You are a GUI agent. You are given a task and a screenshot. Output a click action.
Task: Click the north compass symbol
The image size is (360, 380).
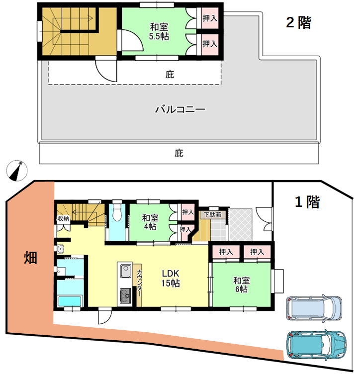tap(17, 171)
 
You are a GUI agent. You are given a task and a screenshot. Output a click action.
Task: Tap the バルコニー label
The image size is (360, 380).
tap(180, 109)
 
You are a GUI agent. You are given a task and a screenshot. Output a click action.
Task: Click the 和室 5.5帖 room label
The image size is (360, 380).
tap(159, 31)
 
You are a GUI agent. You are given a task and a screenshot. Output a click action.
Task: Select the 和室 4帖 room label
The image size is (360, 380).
tap(150, 222)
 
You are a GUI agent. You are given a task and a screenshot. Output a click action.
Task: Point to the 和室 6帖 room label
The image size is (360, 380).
tap(241, 285)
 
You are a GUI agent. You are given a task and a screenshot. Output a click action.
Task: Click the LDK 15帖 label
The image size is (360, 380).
tap(171, 278)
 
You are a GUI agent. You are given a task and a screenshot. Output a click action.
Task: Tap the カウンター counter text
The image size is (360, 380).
tap(139, 283)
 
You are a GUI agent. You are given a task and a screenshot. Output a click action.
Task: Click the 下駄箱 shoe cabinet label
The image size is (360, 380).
tap(212, 215)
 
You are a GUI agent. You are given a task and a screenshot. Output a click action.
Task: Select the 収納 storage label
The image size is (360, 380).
tap(63, 218)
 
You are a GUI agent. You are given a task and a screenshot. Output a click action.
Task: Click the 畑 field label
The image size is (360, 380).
tap(30, 258)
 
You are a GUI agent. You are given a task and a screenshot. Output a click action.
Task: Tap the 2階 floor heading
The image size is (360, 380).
tap(298, 22)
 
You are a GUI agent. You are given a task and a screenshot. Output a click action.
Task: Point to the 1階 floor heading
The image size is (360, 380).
tap(307, 201)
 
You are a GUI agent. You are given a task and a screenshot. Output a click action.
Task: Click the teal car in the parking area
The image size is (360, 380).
tap(316, 344)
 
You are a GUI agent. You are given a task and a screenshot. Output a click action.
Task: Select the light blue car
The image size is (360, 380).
tap(314, 308)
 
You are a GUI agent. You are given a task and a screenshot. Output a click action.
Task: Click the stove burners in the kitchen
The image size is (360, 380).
tap(126, 295)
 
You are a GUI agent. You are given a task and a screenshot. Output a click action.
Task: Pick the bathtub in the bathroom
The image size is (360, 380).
tap(70, 301)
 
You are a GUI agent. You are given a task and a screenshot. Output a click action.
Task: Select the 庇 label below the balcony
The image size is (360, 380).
tap(179, 153)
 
